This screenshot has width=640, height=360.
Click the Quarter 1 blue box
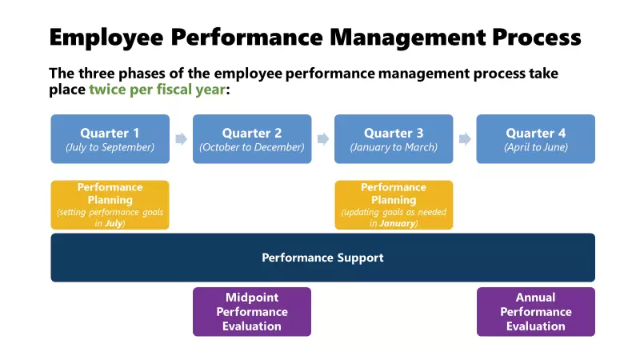[x=110, y=138]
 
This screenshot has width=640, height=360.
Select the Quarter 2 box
[x=252, y=138]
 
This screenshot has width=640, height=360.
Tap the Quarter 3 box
[x=394, y=138]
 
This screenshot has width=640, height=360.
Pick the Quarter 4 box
[x=535, y=138]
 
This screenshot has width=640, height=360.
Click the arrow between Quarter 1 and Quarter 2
[x=181, y=139]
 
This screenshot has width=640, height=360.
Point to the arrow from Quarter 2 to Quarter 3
[x=323, y=139]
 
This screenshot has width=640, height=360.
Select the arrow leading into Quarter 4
[x=465, y=139]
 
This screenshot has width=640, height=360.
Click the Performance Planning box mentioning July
[x=110, y=205]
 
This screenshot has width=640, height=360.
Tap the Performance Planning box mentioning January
[x=394, y=205]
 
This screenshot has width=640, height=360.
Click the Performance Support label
[x=322, y=258]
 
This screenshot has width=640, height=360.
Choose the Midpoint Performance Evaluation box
[x=252, y=311]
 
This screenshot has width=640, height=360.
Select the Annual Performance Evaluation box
[x=535, y=311]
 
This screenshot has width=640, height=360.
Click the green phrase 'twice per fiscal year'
[x=158, y=90]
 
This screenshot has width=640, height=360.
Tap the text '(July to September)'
[x=110, y=147]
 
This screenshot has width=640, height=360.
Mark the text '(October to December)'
[x=252, y=147]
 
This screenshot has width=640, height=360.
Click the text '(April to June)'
[x=535, y=147]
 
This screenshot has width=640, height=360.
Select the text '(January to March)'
[x=394, y=147]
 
